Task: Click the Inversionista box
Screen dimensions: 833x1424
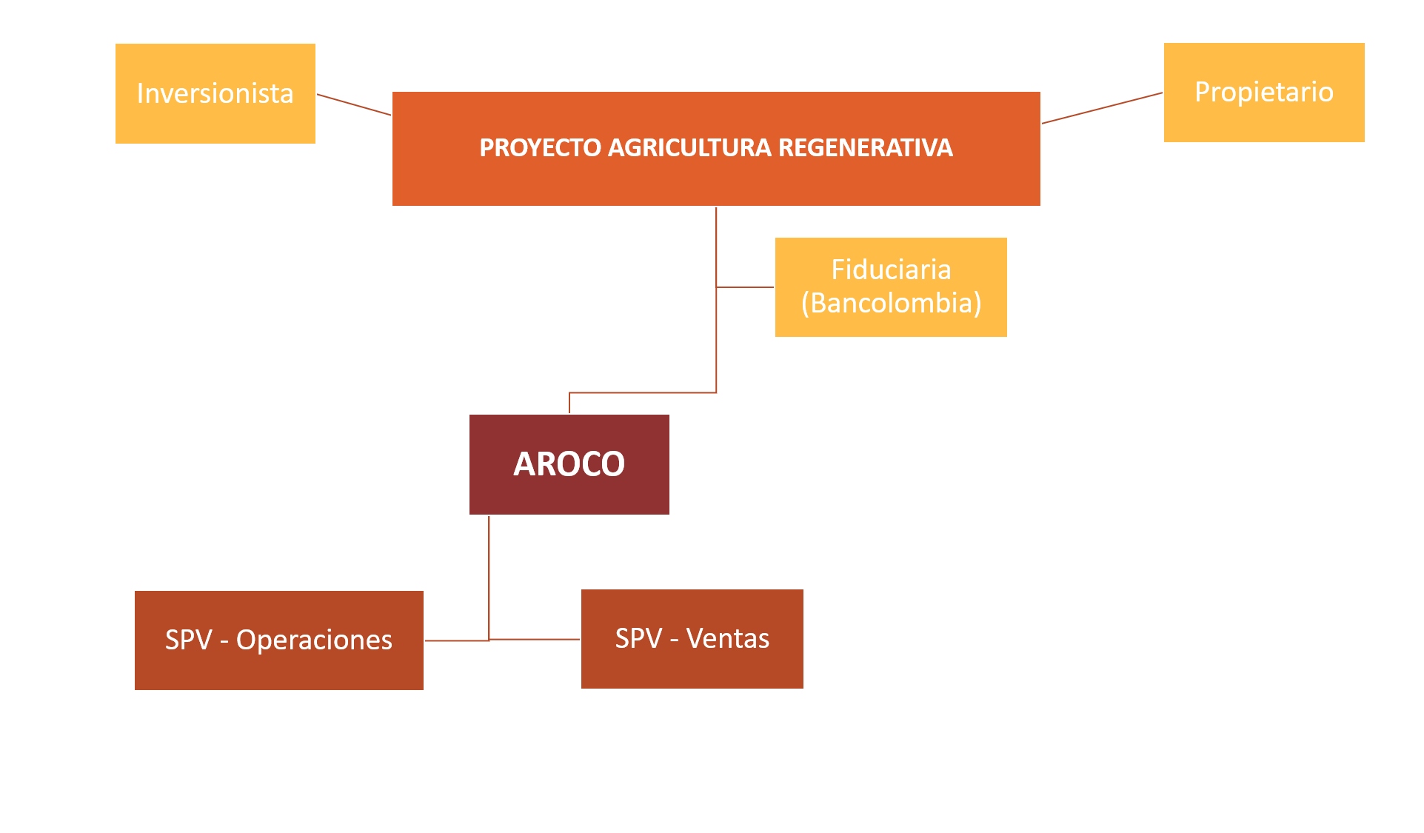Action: pyautogui.click(x=215, y=93)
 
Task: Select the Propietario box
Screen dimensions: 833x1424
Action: pyautogui.click(x=1263, y=92)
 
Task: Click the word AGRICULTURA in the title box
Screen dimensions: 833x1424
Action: pyautogui.click(x=689, y=148)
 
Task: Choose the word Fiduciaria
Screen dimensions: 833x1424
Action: pyautogui.click(x=891, y=270)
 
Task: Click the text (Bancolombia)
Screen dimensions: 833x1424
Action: pyautogui.click(x=891, y=303)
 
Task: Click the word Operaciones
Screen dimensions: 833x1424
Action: pyautogui.click(x=314, y=640)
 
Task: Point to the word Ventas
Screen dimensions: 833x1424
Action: pyautogui.click(x=728, y=638)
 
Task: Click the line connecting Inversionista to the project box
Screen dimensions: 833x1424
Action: pyautogui.click(x=354, y=104)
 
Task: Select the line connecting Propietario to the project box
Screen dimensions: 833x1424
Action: pyautogui.click(x=1102, y=107)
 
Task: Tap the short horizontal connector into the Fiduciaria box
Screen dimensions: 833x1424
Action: pyautogui.click(x=745, y=287)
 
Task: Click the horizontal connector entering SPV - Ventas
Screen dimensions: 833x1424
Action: pyautogui.click(x=535, y=638)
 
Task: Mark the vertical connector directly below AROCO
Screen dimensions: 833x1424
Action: pyautogui.click(x=489, y=578)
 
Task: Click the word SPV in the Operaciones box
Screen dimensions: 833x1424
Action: pyautogui.click(x=188, y=640)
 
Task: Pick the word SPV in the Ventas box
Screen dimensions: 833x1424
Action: pyautogui.click(x=638, y=638)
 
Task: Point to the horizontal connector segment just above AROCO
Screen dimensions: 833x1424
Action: pyautogui.click(x=643, y=392)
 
